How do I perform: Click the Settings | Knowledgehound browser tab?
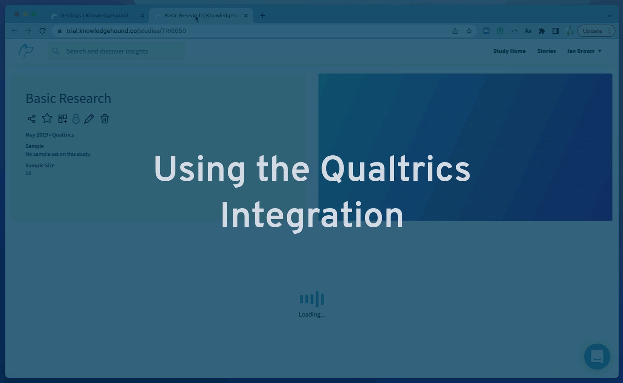[94, 16]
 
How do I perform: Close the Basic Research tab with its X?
[246, 16]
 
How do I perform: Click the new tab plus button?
[262, 16]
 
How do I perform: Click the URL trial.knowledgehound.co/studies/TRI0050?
[126, 31]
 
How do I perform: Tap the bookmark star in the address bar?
[469, 31]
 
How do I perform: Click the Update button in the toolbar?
[592, 31]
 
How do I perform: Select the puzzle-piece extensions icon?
[541, 31]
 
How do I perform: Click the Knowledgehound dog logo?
[26, 51]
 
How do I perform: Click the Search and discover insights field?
[117, 51]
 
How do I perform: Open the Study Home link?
[509, 51]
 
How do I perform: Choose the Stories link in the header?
[546, 51]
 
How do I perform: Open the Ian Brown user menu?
[584, 51]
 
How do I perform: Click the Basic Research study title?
[68, 98]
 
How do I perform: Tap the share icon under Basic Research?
[32, 119]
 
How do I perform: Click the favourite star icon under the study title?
[47, 118]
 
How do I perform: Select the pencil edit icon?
[89, 119]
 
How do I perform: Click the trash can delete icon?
[105, 119]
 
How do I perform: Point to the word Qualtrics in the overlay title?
[395, 169]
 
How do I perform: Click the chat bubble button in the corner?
[597, 356]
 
